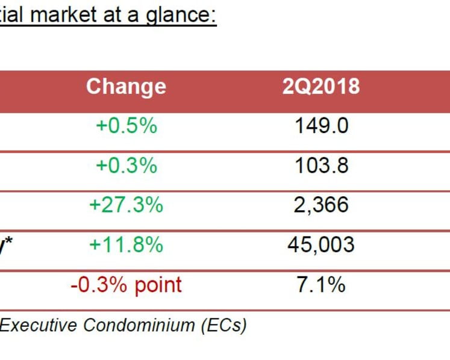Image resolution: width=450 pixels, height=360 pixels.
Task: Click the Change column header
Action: [127, 87]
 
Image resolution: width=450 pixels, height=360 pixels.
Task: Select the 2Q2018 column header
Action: [321, 86]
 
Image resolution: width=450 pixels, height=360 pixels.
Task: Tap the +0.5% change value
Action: [127, 126]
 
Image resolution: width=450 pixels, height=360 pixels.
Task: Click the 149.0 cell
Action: [322, 126]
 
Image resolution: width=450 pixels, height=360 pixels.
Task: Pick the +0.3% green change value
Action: [127, 165]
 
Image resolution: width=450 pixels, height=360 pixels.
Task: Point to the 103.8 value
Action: [322, 165]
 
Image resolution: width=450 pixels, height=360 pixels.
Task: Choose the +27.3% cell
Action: [127, 205]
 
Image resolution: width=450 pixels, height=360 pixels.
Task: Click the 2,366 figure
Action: [321, 205]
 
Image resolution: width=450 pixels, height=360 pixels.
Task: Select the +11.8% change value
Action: [127, 244]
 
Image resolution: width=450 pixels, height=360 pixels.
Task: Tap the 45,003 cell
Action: [321, 245]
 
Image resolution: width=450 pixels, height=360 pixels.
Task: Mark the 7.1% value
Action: [320, 284]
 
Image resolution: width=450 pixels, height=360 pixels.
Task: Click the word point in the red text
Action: [158, 285]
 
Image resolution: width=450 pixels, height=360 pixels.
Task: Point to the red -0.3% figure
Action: [98, 284]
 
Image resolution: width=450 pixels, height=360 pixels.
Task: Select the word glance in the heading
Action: [181, 16]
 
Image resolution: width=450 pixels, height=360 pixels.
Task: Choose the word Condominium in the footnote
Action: [139, 325]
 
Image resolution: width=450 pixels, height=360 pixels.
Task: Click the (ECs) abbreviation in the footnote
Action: [223, 326]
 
